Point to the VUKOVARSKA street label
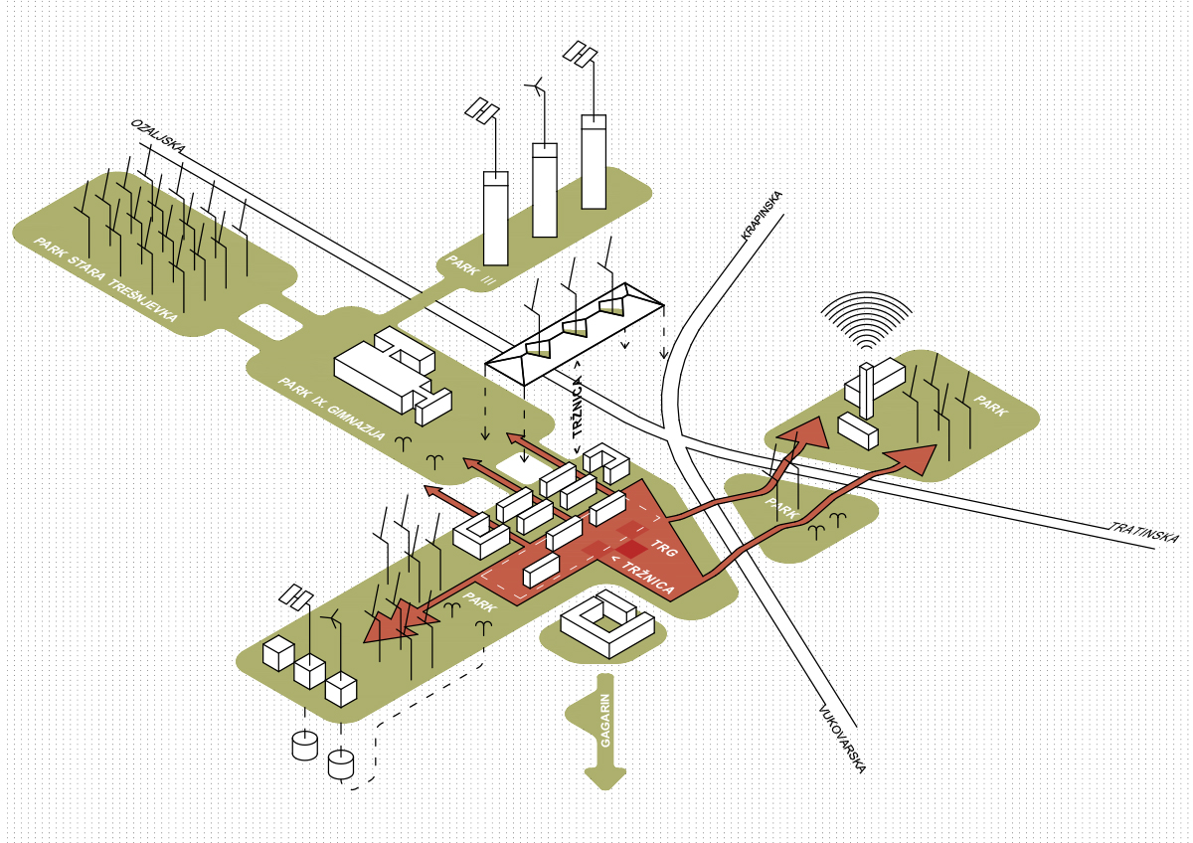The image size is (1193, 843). tap(843, 740)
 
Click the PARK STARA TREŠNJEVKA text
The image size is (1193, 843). tap(105, 280)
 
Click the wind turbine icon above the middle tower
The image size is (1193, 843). tap(537, 88)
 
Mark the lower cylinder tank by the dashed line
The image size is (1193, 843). tap(341, 763)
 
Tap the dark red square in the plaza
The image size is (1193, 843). tap(630, 549)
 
